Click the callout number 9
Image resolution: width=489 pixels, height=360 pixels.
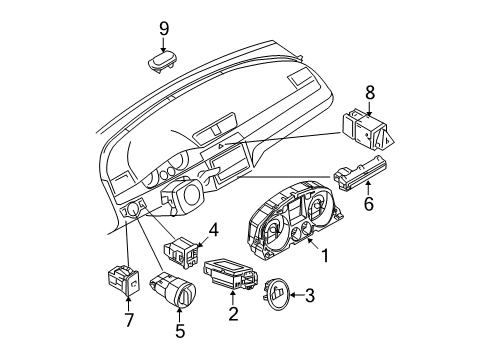pos(164,29)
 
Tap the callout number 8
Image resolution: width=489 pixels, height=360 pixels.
pos(370,93)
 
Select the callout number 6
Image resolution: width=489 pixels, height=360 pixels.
pos(368,204)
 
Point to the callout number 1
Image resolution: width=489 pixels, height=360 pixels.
pos(324,256)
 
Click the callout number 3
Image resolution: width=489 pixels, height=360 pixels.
pos(310,295)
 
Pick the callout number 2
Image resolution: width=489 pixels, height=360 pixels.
pos(233,314)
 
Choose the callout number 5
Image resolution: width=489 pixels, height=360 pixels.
pos(180,331)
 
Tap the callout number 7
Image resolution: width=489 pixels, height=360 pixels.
pos(129,320)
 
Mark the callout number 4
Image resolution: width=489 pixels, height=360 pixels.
pos(213,230)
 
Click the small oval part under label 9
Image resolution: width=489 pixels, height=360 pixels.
pos(163,61)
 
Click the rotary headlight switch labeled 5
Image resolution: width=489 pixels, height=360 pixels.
pos(174,288)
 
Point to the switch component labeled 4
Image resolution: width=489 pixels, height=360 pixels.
pos(180,253)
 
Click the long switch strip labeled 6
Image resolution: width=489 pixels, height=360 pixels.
pos(360,173)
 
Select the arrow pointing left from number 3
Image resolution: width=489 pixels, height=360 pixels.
pos(297,295)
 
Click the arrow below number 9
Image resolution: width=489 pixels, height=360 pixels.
pos(163,45)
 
